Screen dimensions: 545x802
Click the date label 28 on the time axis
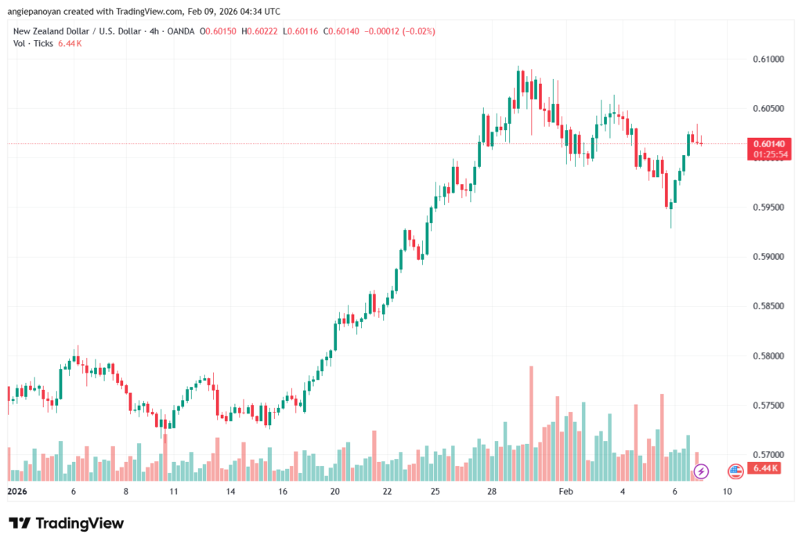click(x=492, y=492)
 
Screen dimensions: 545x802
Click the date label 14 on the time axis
click(x=231, y=492)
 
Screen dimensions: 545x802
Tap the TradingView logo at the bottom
click(x=67, y=523)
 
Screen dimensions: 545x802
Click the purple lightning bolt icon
click(x=701, y=471)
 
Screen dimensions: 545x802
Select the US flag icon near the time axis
click(x=735, y=471)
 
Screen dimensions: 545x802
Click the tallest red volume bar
click(x=531, y=423)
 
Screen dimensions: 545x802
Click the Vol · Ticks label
click(x=33, y=43)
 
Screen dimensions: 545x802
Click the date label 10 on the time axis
click(x=728, y=492)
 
